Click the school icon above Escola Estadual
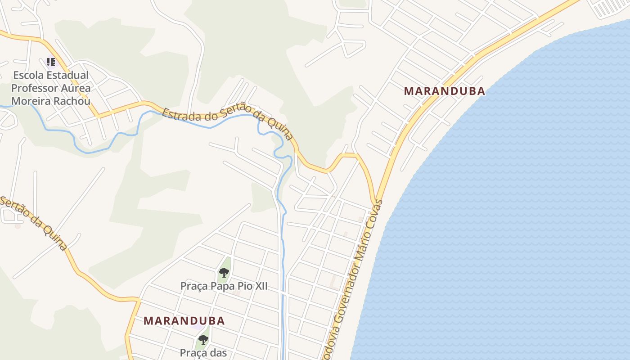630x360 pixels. tap(51, 62)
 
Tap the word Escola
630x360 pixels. tap(27, 75)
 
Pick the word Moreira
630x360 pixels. tap(30, 101)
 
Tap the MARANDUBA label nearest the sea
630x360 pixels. tap(444, 91)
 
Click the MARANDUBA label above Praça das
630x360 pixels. tap(184, 321)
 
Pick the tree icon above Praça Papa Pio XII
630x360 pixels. tap(224, 272)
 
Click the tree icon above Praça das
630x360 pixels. tap(203, 339)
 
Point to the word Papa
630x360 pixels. tap(220, 286)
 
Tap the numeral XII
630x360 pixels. tap(260, 286)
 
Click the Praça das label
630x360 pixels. tap(203, 353)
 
